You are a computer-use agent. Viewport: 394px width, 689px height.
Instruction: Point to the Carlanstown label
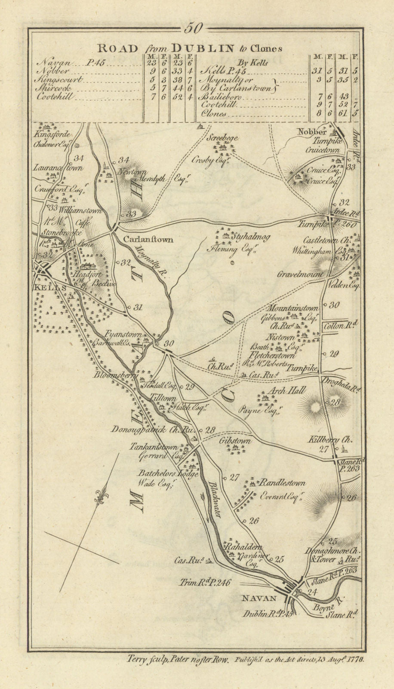pos(148,239)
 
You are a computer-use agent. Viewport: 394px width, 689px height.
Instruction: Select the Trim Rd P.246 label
pos(205,583)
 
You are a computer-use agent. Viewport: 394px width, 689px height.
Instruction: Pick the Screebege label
pos(222,139)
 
